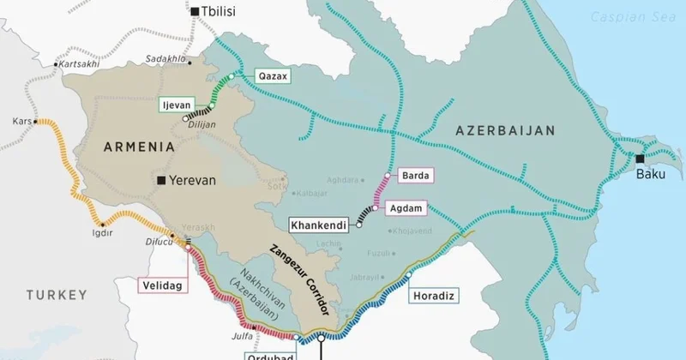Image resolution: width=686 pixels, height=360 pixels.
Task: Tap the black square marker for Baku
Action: click(640, 159)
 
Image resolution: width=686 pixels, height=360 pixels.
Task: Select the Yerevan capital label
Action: click(193, 181)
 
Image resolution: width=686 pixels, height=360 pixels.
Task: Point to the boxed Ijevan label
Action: click(177, 105)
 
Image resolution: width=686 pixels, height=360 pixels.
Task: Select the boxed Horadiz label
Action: click(433, 296)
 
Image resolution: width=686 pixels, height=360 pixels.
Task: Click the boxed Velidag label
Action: click(163, 285)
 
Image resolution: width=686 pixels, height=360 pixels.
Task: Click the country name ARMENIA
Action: click(138, 147)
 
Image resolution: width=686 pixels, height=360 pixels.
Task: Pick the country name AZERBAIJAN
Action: click(505, 130)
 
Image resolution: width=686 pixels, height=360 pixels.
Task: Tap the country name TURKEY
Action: click(56, 295)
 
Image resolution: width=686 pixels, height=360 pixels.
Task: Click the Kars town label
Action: click(21, 122)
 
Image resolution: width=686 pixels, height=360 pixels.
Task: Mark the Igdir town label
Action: click(103, 232)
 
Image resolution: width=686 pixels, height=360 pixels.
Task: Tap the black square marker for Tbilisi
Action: click(196, 11)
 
